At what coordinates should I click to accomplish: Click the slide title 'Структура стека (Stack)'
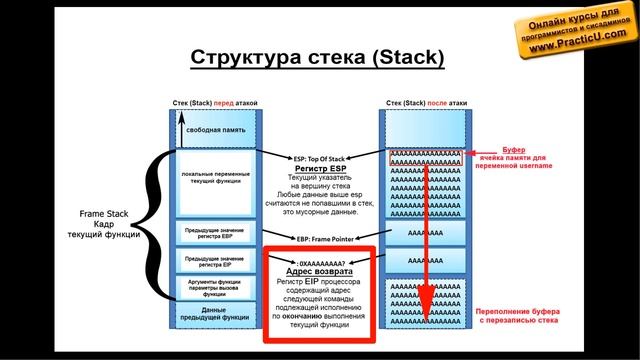tap(317, 58)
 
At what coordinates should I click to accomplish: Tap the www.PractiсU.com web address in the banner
tap(572, 46)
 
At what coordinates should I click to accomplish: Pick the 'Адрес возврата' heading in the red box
tap(317, 271)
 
